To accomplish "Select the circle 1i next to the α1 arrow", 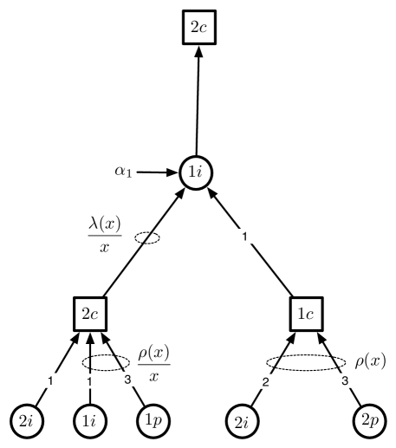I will (193, 172).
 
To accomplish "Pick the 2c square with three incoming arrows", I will (91, 315).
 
